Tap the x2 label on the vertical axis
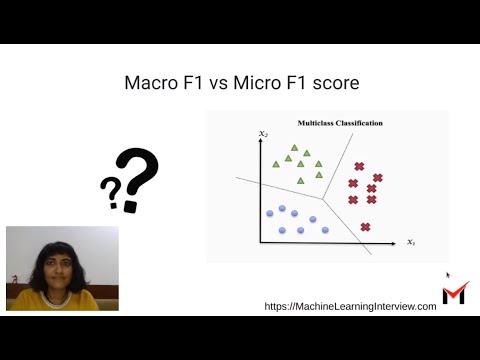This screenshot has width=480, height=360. pos(262,133)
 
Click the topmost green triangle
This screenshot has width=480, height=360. pos(295,148)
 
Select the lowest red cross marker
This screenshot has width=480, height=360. pos(365,227)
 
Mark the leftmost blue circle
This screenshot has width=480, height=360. pos(268,213)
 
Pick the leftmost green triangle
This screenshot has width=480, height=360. pos(275,164)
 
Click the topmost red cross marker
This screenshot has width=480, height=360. pos(359,167)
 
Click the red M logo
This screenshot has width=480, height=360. pos(454,293)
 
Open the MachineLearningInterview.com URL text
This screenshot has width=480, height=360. pos(350,306)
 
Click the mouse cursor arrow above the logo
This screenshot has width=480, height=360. pos(448,275)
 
